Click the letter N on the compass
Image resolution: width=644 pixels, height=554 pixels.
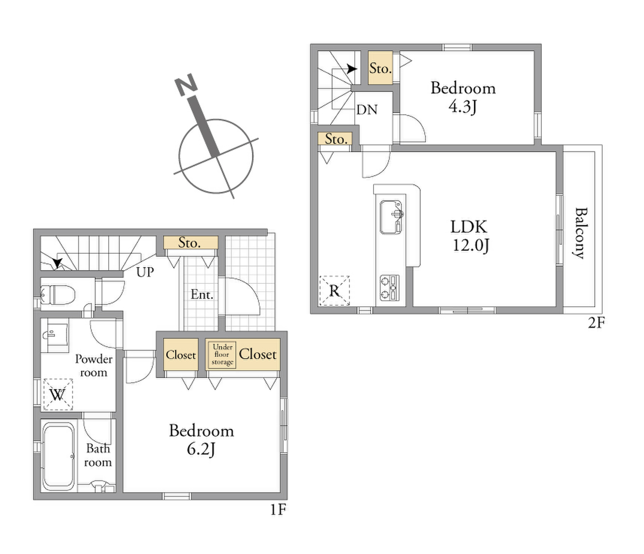186,85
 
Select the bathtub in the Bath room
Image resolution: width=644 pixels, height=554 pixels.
58,456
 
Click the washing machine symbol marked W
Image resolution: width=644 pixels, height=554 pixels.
58,394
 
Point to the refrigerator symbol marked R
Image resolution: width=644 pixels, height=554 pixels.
334,291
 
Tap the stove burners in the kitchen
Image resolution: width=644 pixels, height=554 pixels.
389,288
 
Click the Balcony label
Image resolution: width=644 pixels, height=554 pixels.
581,233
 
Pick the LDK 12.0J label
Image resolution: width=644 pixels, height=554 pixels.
469,236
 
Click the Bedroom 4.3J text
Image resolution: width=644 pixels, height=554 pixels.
463,98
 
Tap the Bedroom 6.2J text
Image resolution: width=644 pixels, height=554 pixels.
201,440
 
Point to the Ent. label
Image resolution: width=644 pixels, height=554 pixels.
202,295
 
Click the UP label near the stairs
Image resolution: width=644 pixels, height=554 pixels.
145,272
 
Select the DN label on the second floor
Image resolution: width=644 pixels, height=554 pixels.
367,110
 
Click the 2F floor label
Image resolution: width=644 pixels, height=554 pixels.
596,323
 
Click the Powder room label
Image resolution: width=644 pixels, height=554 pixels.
94,366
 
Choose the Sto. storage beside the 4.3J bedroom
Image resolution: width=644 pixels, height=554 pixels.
380,68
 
